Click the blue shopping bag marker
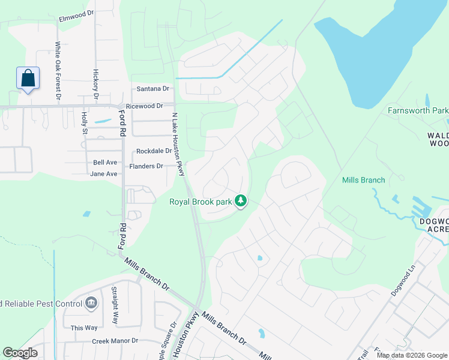[x=28, y=79]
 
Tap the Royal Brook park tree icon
[x=241, y=200]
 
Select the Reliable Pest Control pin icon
[x=91, y=302]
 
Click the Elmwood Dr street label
[x=77, y=19]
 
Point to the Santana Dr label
[x=153, y=89]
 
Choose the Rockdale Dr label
[x=154, y=151]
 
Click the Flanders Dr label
[x=146, y=166]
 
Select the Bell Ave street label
[x=105, y=163]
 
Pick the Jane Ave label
[x=103, y=174]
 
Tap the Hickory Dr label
[x=95, y=83]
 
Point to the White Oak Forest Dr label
[x=58, y=70]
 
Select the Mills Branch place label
[x=363, y=179]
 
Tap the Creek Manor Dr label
[x=115, y=341]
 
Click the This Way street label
[x=84, y=328]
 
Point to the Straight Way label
[x=113, y=305]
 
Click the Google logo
[x=20, y=353]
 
